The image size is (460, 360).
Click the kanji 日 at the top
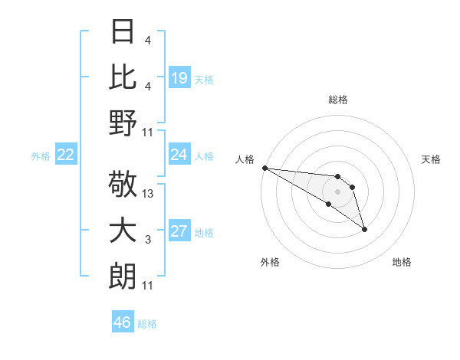click(123, 31)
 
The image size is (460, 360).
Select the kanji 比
click(123, 77)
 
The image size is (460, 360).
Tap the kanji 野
click(123, 123)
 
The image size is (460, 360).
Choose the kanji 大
click(123, 231)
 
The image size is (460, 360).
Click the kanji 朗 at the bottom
click(123, 277)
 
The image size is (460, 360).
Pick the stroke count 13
click(149, 195)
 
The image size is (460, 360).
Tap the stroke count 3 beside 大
click(147, 241)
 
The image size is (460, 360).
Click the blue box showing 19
click(179, 77)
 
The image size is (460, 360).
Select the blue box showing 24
click(179, 155)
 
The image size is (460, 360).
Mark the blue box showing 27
click(179, 232)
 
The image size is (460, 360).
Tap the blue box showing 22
click(66, 155)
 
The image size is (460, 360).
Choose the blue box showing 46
click(123, 322)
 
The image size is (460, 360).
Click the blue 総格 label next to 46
click(147, 324)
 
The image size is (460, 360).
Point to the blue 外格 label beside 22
click(41, 156)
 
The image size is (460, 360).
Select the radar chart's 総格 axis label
click(337, 100)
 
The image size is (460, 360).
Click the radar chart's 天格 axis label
click(432, 159)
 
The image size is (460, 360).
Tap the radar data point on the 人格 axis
click(264, 168)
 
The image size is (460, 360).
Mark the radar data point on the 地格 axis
click(364, 228)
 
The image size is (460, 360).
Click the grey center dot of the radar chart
click(337, 191)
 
